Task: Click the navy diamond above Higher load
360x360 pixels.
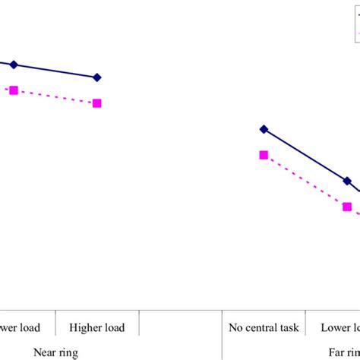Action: (97, 77)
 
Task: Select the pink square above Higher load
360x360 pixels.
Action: (97, 103)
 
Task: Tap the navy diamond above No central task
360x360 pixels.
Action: (264, 129)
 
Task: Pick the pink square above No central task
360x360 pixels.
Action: (264, 155)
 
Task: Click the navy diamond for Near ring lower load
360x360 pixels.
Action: (14, 65)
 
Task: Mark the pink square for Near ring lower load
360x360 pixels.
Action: (14, 90)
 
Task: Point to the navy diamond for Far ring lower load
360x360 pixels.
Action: (347, 181)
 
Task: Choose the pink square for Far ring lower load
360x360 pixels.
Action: (347, 207)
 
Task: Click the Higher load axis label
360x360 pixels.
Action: (97, 328)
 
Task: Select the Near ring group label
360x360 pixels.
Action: (55, 352)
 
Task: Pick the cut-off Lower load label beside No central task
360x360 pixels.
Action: (340, 328)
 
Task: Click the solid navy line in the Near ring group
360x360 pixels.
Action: (55, 71)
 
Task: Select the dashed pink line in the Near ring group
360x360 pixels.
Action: (55, 96)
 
